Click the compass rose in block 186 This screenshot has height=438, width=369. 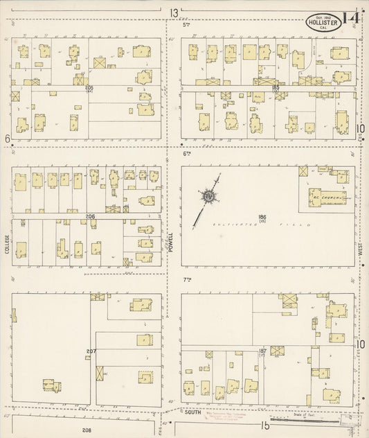pos(206,198)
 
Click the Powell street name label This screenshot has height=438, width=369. pos(170,243)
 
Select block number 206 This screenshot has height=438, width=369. pos(90,217)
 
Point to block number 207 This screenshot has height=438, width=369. pos(91,351)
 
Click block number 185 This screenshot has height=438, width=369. pos(276,87)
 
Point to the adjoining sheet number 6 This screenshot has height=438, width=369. pos(7,139)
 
